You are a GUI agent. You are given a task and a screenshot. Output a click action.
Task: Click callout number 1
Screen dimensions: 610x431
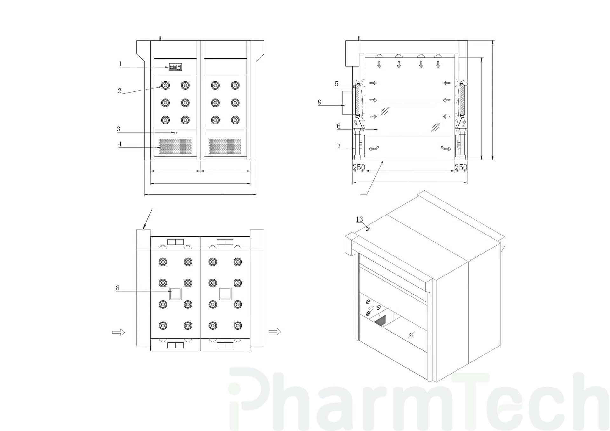[x=120, y=64]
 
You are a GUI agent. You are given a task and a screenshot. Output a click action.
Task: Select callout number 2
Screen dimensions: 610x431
[x=119, y=91]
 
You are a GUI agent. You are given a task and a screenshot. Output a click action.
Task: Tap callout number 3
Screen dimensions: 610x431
[x=119, y=129]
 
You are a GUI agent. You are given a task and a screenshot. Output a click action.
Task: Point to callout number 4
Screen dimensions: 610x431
[x=120, y=144]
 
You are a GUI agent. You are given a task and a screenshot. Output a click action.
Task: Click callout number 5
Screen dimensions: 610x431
[x=337, y=84]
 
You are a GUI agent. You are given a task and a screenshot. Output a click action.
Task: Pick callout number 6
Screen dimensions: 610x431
[x=339, y=126]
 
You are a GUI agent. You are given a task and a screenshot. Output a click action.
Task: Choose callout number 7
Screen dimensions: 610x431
[x=339, y=145]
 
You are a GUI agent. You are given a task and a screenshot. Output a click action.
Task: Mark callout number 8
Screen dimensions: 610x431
[x=118, y=288]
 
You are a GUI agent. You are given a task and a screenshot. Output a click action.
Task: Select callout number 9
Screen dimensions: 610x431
[x=320, y=102]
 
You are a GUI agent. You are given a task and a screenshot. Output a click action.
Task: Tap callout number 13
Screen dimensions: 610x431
[x=359, y=219]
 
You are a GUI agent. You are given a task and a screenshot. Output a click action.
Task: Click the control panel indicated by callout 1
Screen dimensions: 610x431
[x=175, y=67]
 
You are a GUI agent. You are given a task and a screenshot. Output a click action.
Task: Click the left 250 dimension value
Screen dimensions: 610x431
[x=359, y=167]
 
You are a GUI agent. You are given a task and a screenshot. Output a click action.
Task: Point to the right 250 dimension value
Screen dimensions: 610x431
[x=461, y=167]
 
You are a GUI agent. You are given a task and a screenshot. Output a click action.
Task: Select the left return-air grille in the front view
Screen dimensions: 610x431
[x=175, y=146]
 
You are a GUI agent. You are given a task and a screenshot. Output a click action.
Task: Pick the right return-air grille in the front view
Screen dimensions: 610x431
[x=225, y=146]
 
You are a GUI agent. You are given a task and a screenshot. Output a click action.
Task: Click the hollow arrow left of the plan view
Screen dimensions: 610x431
[x=119, y=332]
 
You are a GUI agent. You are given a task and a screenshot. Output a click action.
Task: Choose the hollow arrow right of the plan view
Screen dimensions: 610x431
[x=275, y=332]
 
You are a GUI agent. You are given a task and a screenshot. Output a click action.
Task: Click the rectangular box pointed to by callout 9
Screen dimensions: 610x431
[x=348, y=103]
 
